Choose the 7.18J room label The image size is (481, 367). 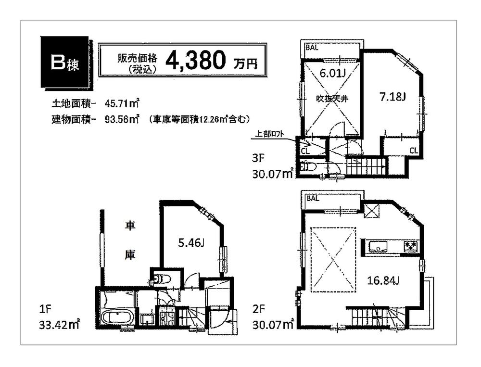pyautogui.click(x=393, y=97)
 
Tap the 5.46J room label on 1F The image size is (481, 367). pyautogui.click(x=191, y=243)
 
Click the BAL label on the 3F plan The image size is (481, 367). pyautogui.click(x=311, y=47)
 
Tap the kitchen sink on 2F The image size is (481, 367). pyautogui.click(x=380, y=246)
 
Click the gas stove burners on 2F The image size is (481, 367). pyautogui.click(x=410, y=246)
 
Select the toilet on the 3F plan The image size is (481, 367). pyautogui.click(x=306, y=167)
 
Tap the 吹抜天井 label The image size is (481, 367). pyautogui.click(x=332, y=98)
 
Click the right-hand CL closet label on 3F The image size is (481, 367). pyautogui.click(x=413, y=150)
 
